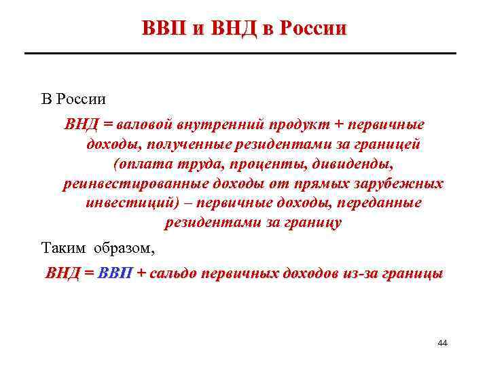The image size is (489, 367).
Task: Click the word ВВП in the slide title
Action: (x=165, y=28)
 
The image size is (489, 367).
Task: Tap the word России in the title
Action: (x=313, y=28)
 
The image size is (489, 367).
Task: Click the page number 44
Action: (x=442, y=344)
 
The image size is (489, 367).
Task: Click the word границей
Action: (x=388, y=145)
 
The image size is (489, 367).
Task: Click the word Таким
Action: (x=65, y=246)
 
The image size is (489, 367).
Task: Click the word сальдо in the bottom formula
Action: (x=173, y=274)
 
